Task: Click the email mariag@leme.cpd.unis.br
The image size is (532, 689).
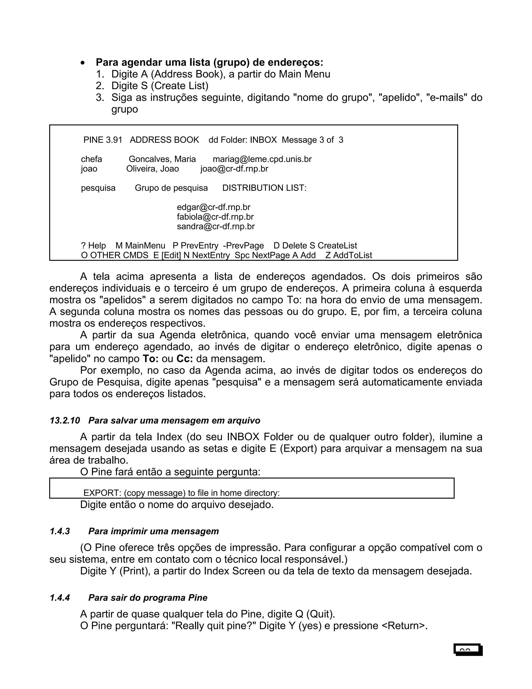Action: point(262,159)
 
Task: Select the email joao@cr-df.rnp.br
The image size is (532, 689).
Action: point(234,169)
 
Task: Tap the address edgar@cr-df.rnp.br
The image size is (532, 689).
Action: point(213,207)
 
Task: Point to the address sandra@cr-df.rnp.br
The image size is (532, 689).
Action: point(216,226)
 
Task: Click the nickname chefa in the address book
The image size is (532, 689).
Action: point(91,159)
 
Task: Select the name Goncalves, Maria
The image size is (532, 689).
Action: point(162,159)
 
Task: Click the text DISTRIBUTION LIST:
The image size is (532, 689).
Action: point(264,188)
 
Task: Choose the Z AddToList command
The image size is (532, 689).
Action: point(349,255)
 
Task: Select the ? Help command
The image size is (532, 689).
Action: point(93,246)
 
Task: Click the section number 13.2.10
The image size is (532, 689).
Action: point(65,420)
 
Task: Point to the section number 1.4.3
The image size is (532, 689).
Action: point(59,531)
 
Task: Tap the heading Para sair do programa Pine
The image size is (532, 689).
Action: point(148,598)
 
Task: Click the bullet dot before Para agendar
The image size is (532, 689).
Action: point(83,63)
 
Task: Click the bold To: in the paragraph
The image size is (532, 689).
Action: point(150,359)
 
